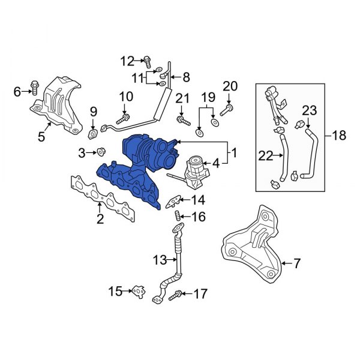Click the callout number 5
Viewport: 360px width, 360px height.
41,137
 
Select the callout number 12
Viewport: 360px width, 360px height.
127,60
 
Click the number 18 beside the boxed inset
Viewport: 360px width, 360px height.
339,135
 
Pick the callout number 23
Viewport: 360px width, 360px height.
308,110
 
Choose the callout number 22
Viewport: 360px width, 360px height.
266,156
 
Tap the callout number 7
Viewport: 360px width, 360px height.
296,262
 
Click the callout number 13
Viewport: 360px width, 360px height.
158,260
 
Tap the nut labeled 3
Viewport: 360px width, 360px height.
101,152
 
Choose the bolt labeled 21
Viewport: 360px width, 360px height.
181,120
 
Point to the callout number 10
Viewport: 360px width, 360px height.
125,96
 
